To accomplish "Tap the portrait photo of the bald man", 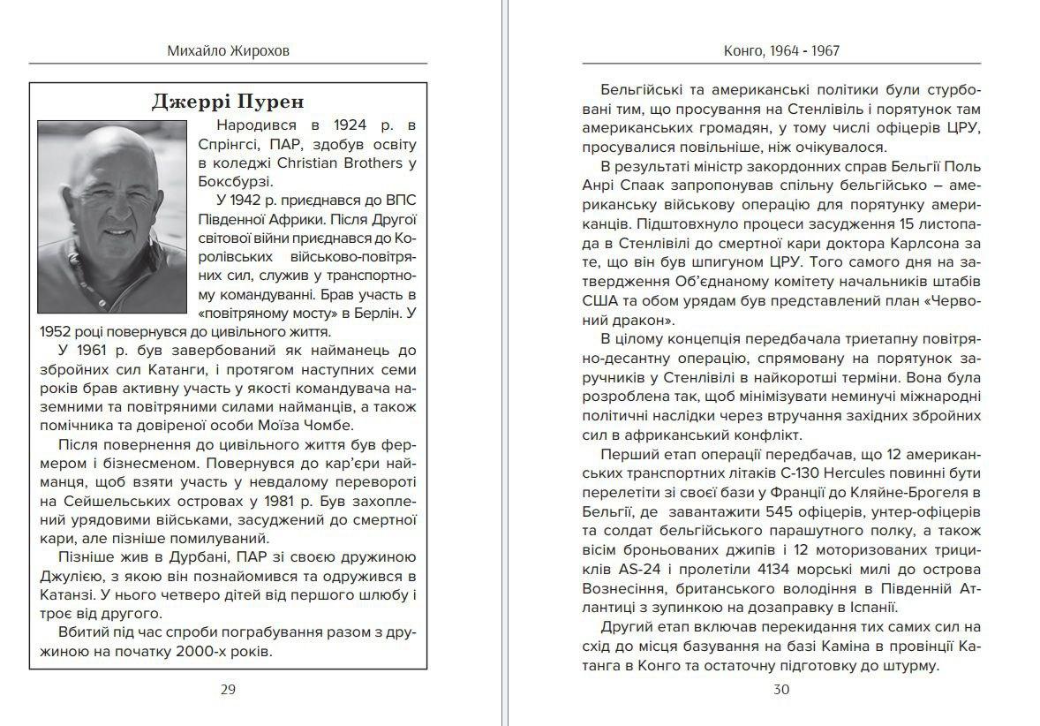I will (112, 216).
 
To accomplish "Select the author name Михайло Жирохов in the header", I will (228, 51).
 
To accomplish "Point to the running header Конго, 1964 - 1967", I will (781, 51).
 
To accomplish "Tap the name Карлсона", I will (922, 242).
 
